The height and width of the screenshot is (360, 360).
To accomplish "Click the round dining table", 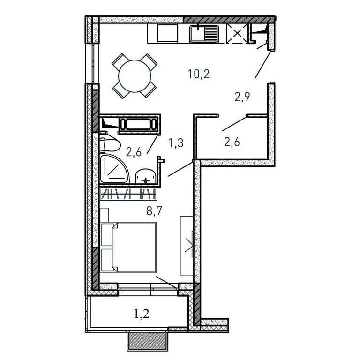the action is tap(135, 76).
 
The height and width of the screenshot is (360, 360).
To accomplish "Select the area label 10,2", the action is tap(199, 74).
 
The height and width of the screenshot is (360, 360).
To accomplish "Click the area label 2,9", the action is tap(242, 97).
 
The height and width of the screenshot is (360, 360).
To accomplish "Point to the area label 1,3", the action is tap(176, 143).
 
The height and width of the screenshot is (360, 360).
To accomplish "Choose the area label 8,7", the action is tap(154, 211).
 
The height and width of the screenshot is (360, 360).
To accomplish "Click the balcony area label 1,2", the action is tap(142, 314).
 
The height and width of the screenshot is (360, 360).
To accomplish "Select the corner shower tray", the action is tap(114, 169).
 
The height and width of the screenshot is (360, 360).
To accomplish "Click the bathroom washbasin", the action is tap(146, 176).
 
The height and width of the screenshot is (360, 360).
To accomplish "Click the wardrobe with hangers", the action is tap(129, 193).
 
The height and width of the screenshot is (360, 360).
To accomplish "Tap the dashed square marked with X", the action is tap(237, 34).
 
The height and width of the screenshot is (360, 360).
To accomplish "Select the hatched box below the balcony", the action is tap(146, 340).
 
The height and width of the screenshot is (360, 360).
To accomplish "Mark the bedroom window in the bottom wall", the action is tap(148, 290).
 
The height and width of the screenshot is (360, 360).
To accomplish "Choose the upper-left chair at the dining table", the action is tap(120, 61).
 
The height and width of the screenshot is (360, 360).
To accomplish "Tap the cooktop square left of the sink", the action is tap(168, 34).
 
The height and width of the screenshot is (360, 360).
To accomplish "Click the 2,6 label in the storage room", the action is tap(232, 142).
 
